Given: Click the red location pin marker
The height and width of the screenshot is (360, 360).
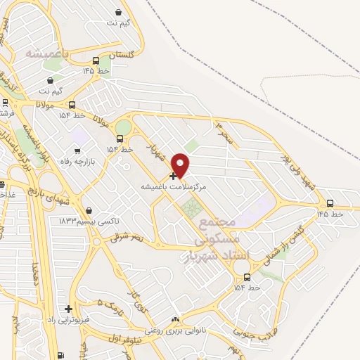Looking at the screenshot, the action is coord(181,165).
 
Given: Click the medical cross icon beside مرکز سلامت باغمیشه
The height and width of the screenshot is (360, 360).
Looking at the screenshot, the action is coord(174,176).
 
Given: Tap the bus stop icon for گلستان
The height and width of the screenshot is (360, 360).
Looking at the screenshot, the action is coord(96,60).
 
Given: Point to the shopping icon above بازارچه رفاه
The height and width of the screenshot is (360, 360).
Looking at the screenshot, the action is coord(77,150).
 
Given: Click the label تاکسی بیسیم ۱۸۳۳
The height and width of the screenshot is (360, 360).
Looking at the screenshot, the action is coord(89,221).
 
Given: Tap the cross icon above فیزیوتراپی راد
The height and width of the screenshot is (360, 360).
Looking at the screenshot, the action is coord(68,309).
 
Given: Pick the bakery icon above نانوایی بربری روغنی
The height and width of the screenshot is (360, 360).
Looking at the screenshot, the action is coord(175,320).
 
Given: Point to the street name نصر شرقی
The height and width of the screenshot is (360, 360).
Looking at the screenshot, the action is coord(126,238).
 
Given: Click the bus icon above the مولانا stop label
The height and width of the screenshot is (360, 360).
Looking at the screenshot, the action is coord(72,105).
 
